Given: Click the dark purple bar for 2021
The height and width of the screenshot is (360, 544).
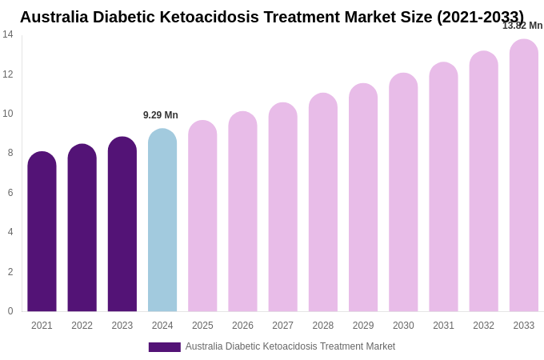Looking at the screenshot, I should click(42, 232).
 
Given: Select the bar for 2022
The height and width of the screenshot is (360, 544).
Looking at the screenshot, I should click(82, 228).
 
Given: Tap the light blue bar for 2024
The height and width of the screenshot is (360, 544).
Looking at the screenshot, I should click(162, 220).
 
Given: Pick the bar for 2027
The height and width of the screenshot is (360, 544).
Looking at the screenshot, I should click(282, 207).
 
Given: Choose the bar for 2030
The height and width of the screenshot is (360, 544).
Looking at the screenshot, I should click(403, 192).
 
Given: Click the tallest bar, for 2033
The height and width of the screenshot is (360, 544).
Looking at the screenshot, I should click(524, 175).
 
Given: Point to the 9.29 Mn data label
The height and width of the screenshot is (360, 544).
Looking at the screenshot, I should click(161, 115).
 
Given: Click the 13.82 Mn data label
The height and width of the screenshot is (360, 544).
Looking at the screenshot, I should click(522, 26).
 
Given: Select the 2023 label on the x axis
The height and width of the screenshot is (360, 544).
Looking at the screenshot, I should click(122, 326).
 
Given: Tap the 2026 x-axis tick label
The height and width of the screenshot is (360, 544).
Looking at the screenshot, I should click(242, 326).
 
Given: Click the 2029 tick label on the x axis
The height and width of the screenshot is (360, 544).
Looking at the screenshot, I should click(363, 326).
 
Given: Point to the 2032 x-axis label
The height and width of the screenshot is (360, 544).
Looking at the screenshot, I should click(483, 326).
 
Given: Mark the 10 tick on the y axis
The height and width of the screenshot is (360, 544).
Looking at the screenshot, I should click(8, 114).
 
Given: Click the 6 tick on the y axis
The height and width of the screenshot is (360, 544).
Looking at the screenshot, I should click(8, 193).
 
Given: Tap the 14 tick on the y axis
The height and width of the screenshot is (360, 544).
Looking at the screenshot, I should click(8, 34).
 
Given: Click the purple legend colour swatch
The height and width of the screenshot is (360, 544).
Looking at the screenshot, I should click(164, 347).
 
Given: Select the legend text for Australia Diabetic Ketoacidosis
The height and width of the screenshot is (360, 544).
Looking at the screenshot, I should click(290, 346).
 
